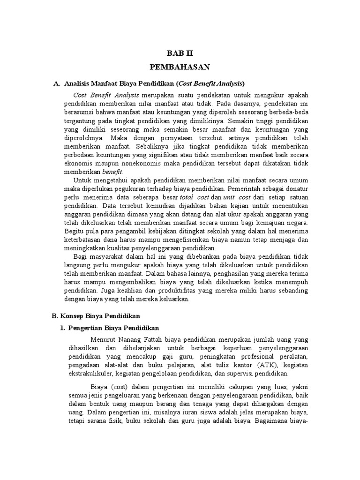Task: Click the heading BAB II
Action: (180, 53)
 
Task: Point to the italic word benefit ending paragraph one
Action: (119, 172)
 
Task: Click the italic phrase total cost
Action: (194, 197)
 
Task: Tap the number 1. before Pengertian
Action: (62, 327)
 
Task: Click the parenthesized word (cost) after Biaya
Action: (117, 388)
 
